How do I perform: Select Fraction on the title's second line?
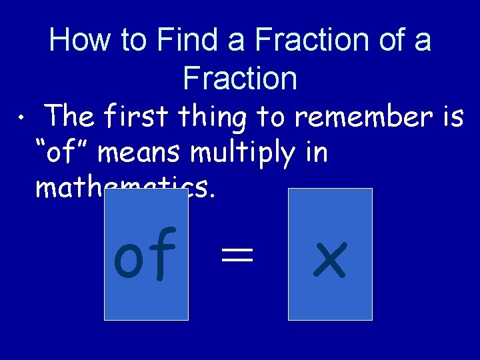(x=240, y=79)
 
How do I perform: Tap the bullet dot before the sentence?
(x=22, y=119)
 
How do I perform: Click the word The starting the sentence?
(x=72, y=117)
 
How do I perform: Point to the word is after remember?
(x=452, y=117)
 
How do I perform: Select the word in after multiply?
(x=313, y=153)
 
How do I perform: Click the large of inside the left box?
(x=145, y=254)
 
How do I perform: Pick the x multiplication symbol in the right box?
(x=330, y=259)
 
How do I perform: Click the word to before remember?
(x=271, y=117)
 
